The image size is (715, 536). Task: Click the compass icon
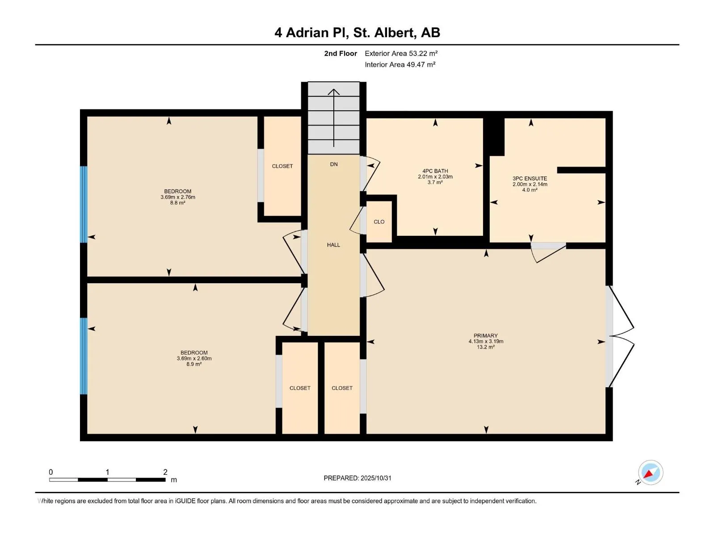[650, 473]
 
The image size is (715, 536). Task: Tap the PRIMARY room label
[486, 335]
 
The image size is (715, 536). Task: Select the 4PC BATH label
[435, 171]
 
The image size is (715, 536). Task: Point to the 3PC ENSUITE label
[530, 178]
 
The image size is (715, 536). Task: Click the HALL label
[333, 245]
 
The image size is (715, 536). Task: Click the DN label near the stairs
[334, 164]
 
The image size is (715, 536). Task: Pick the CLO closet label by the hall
[379, 222]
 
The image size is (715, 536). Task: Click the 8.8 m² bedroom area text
[177, 203]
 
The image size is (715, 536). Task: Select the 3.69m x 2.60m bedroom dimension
[194, 358]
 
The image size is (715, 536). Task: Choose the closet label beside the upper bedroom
[282, 166]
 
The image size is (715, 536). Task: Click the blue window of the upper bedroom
[83, 204]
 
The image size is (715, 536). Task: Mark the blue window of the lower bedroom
[83, 356]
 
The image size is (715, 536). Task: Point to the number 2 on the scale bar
[165, 472]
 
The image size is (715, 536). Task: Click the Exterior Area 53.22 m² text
[401, 53]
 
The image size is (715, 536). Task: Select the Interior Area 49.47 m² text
[400, 64]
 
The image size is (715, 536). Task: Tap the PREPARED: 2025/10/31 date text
[357, 478]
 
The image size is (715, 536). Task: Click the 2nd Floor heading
[341, 53]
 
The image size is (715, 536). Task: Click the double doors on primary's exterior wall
[621, 336]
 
